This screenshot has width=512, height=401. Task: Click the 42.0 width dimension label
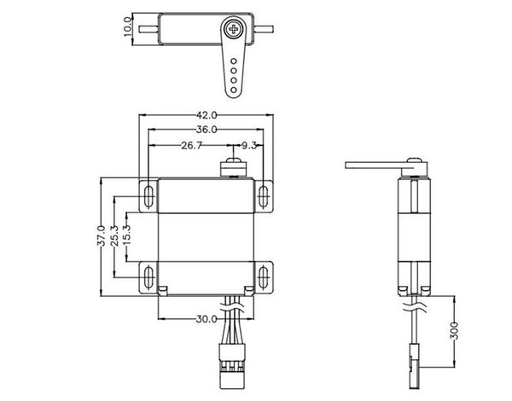point(207,115)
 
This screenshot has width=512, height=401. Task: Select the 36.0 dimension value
point(207,130)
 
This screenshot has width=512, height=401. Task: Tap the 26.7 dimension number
point(192,145)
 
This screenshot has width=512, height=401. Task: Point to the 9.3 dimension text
point(249,145)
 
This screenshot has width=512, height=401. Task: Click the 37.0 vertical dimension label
point(102,235)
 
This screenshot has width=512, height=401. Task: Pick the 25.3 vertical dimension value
point(114,235)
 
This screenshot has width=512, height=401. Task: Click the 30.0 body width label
point(207,319)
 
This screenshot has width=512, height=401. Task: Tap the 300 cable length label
point(454,330)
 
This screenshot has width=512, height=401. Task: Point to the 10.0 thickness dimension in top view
point(128,26)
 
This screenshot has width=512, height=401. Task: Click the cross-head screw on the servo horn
point(234,29)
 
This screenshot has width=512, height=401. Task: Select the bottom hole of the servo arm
point(234,90)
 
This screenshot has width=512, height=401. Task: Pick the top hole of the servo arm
point(234,61)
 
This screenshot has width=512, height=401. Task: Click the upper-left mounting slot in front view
point(148,196)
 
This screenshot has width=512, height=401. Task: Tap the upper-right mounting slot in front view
point(263,196)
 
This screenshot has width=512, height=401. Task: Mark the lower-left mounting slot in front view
point(148,277)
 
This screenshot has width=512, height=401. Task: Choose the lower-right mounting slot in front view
point(263,277)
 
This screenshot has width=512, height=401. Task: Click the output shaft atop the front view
point(233,168)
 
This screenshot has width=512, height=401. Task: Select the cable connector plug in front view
point(232,366)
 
